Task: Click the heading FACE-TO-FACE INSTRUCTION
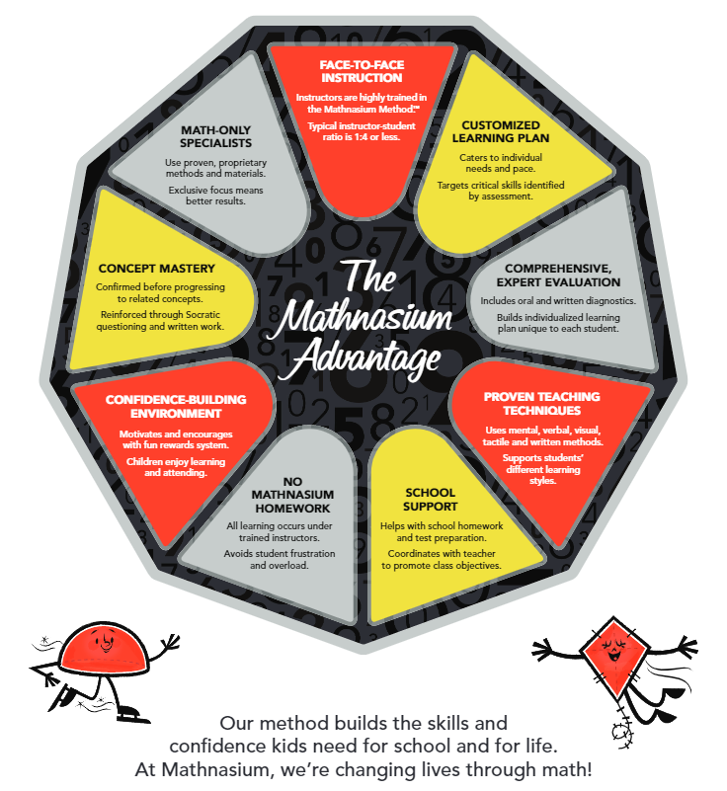point(361,71)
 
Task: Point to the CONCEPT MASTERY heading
point(156,268)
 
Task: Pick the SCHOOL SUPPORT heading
point(429,499)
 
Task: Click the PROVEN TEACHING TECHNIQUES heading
point(541,404)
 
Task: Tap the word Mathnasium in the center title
point(363,316)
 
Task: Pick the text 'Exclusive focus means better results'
point(207,195)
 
